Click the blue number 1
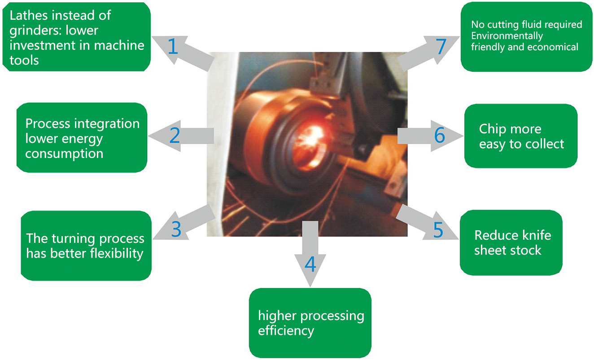[x=173, y=47]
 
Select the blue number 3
[x=176, y=228]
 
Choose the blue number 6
[x=439, y=135]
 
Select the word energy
[x=81, y=139]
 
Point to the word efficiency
[x=286, y=331]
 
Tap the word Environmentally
[x=507, y=36]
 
